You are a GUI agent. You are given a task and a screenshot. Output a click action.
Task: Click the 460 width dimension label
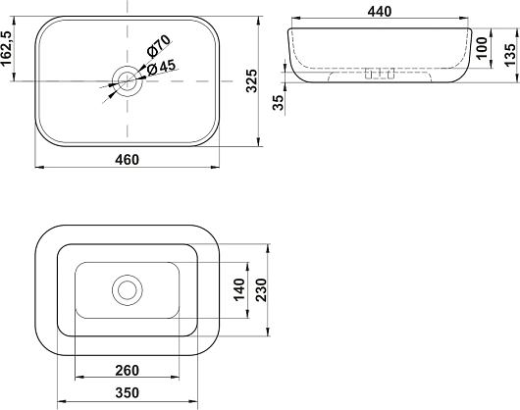(x=127, y=160)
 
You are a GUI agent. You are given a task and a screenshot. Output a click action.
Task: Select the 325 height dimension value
(x=252, y=80)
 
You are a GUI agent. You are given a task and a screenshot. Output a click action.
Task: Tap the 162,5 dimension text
(x=7, y=49)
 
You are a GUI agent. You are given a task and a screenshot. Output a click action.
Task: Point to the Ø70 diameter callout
(x=159, y=45)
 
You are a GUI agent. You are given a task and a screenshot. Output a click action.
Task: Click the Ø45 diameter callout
(x=161, y=67)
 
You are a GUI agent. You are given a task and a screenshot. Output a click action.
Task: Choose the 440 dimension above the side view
(x=380, y=12)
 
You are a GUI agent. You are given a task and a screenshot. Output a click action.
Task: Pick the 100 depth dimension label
(x=482, y=48)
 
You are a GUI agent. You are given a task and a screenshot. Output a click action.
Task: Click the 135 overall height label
(x=510, y=54)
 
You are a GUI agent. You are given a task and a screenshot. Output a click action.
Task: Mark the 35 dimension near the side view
(x=279, y=102)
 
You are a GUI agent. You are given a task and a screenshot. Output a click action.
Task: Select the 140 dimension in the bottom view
(x=239, y=289)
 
